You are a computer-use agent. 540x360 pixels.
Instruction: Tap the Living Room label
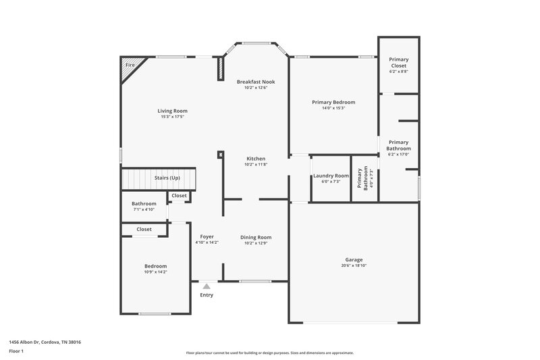tap(172, 111)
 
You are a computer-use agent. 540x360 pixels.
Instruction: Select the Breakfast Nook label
tap(255, 82)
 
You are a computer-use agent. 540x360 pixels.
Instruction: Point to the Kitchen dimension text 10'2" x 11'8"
tap(255, 164)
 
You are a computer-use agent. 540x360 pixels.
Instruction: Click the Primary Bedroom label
tap(333, 102)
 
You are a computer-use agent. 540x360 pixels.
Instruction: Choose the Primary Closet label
tap(398, 62)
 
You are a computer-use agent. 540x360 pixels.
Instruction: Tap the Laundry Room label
tap(331, 176)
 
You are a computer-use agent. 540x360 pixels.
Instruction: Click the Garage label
tap(354, 259)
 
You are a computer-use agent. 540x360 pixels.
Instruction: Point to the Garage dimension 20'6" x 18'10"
tap(354, 265)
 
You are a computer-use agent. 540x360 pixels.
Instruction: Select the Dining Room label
tap(256, 237)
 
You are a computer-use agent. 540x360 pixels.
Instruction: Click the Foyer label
tap(207, 237)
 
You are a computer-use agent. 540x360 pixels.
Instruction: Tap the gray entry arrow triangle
tap(207, 286)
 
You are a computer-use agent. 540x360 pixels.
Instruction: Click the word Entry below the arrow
tap(207, 295)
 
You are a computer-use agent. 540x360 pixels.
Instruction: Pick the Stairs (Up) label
tap(167, 178)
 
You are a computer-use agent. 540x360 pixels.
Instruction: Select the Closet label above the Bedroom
tap(144, 229)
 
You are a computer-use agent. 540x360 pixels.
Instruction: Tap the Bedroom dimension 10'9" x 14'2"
tap(155, 272)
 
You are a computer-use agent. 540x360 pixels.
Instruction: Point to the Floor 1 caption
tap(17, 352)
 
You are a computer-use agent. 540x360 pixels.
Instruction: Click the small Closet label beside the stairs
tap(179, 195)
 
